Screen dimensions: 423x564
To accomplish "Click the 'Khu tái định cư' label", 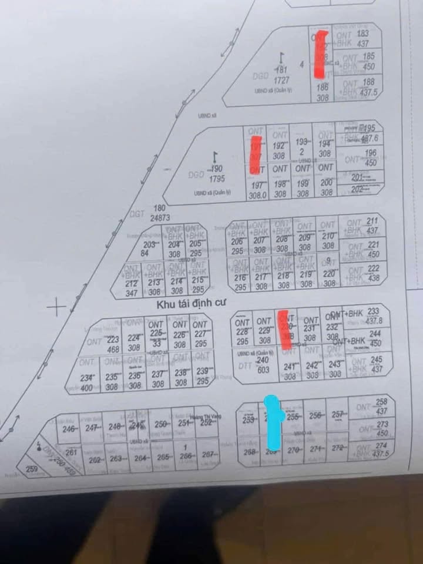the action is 190,305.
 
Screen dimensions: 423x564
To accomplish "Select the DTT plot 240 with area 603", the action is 263,365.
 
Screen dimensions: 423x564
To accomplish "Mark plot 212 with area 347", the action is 132,288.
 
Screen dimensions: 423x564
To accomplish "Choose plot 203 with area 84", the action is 149,249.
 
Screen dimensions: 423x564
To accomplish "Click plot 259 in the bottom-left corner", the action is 32,469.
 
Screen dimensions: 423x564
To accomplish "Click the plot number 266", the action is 186,457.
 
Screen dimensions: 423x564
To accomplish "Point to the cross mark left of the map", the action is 57,306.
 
